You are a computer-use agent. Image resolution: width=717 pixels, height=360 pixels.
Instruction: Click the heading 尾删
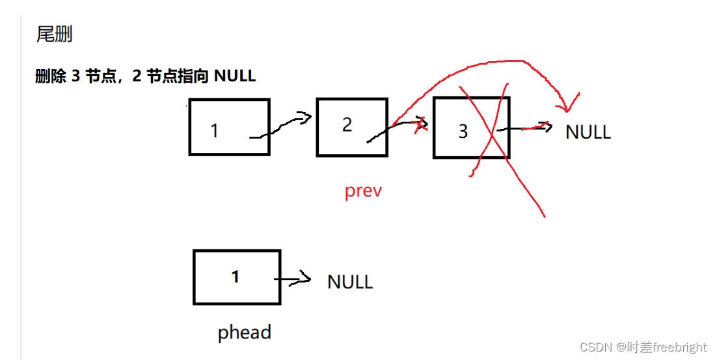(54, 34)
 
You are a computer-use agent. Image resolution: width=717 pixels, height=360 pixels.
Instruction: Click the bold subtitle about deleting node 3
(145, 76)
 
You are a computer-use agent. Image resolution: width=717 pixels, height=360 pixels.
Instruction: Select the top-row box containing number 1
(229, 127)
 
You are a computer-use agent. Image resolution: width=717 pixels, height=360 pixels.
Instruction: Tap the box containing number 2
(352, 127)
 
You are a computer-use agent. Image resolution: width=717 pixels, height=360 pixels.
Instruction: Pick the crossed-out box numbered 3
(471, 128)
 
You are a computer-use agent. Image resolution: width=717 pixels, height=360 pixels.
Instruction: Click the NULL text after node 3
(588, 132)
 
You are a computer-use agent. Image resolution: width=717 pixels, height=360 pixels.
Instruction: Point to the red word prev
(363, 191)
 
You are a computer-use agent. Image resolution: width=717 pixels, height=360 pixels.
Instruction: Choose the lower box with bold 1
(237, 277)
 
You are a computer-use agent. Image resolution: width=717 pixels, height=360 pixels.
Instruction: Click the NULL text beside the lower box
(349, 282)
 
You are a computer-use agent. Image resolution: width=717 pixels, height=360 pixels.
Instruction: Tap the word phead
(244, 333)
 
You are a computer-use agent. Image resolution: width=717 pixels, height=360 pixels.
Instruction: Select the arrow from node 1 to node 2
(282, 126)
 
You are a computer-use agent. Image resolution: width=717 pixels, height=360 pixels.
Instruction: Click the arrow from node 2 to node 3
(397, 129)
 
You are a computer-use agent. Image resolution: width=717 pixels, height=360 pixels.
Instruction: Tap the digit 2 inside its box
(347, 124)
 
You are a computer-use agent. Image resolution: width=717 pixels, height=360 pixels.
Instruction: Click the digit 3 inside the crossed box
(463, 132)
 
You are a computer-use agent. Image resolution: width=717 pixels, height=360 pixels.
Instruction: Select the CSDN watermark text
(642, 346)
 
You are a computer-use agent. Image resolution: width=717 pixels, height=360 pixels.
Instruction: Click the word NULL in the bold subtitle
(235, 76)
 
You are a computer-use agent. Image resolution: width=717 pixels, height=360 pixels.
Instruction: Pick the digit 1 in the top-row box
(214, 131)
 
